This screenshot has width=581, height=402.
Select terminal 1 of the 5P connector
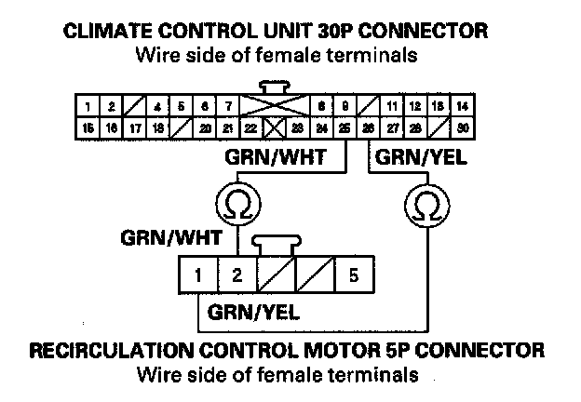pyautogui.click(x=197, y=275)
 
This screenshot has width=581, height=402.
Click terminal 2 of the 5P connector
pyautogui.click(x=236, y=275)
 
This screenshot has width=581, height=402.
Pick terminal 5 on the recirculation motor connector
pyautogui.click(x=354, y=275)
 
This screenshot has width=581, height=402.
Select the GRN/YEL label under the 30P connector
pyautogui.click(x=420, y=158)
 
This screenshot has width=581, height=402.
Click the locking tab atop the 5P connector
pyautogui.click(x=276, y=244)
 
